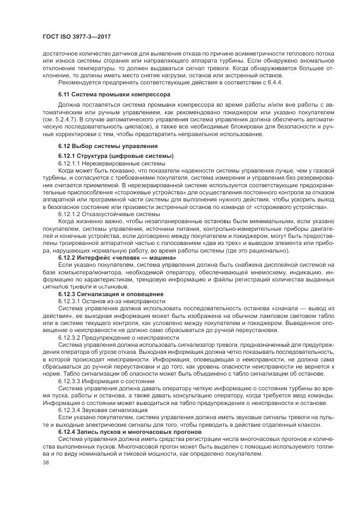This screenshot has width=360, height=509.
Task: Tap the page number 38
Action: (46, 462)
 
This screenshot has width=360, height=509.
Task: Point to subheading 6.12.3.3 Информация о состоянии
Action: (106, 381)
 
